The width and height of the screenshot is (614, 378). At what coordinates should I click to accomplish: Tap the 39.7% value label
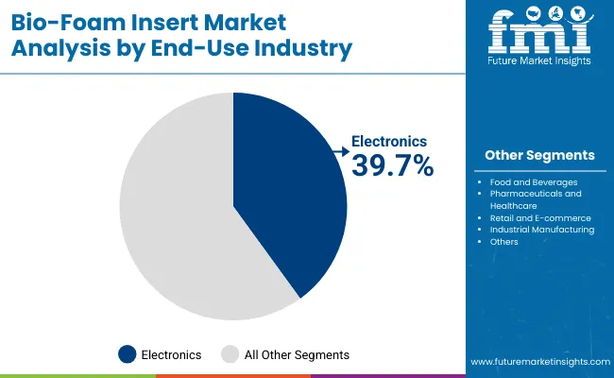392,166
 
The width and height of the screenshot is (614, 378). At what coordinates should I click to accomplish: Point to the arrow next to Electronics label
341,148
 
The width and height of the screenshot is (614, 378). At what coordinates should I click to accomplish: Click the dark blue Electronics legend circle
127,354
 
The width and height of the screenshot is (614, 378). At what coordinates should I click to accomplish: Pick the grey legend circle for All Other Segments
230,354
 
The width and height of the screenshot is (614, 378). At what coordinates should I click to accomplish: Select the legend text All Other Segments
298,354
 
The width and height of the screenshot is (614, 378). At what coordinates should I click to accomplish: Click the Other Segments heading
539,155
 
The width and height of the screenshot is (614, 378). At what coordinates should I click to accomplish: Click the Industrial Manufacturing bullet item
541,229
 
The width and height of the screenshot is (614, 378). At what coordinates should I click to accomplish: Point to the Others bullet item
503,241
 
